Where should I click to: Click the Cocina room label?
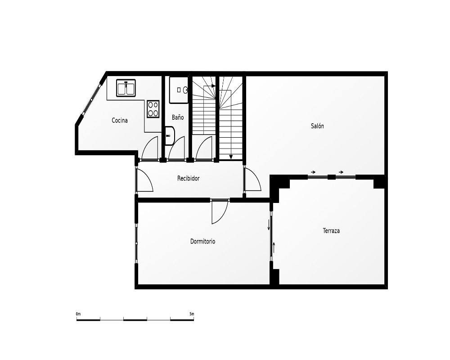coord(119,120)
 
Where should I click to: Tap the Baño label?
coord(178,117)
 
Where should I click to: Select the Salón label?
coord(317,126)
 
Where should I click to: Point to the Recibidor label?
coord(188,178)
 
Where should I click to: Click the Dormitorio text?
coord(202,242)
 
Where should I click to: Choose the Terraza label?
coord(331,230)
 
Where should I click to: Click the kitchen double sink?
coord(126,88)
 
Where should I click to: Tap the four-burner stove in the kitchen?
coord(153,109)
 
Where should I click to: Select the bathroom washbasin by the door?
coord(170,136)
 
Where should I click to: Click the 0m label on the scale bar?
coord(78,314)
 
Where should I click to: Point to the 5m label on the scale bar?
coord(192,314)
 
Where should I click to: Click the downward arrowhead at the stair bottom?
coord(231,157)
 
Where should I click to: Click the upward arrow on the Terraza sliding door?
coord(274,247)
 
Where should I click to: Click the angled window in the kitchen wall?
coord(91,99)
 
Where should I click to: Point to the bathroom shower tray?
coord(179,90)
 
